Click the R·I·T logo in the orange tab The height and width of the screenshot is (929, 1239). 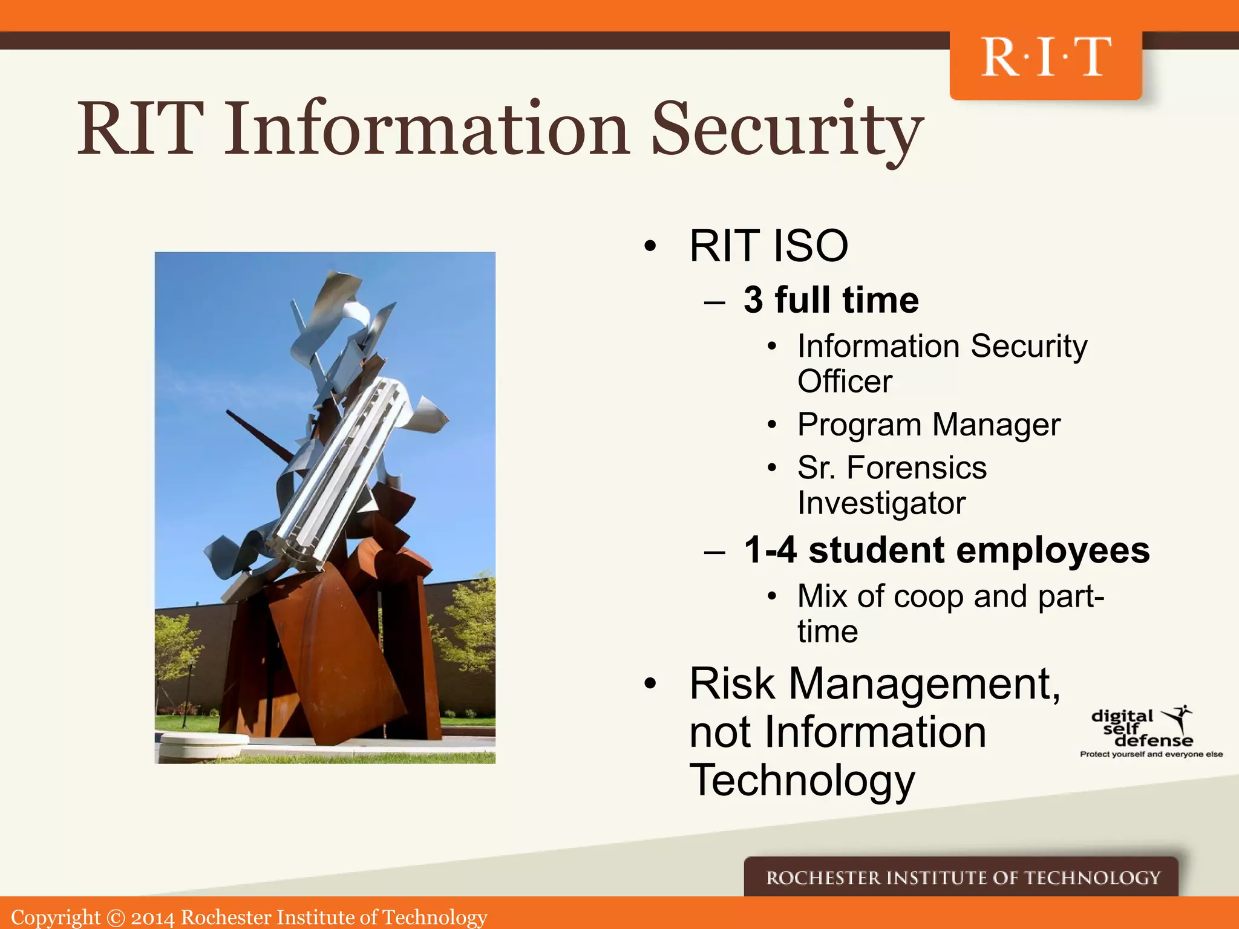click(1045, 58)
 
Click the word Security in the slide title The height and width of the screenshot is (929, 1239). click(786, 130)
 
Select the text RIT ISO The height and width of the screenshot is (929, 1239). click(768, 246)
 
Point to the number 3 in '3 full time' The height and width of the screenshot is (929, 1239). click(753, 300)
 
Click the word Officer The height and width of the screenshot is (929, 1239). click(845, 382)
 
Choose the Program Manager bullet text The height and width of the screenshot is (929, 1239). click(929, 425)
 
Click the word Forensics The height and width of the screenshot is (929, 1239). click(916, 468)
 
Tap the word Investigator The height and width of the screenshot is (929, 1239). click(881, 503)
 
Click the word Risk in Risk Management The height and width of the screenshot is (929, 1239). click(731, 684)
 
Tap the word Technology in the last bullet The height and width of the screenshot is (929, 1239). click(802, 781)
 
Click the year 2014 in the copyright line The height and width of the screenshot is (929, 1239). click(152, 918)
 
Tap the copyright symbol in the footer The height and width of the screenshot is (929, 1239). click(115, 918)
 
